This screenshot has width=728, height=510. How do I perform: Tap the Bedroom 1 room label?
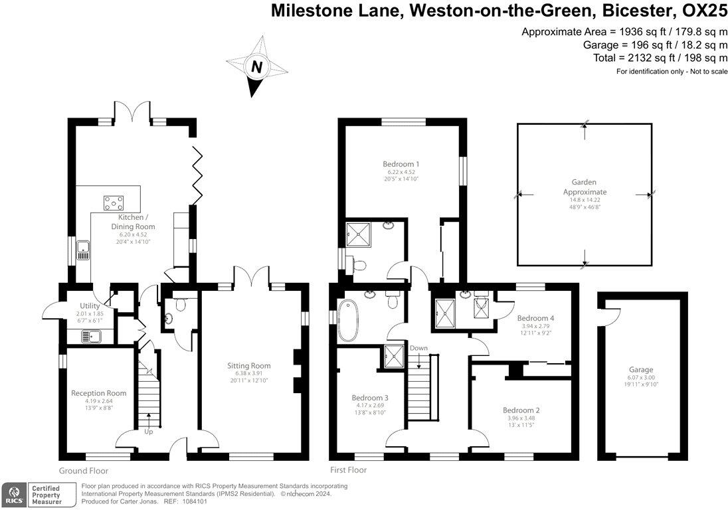click(401, 164)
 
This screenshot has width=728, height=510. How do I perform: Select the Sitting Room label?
click(249, 366)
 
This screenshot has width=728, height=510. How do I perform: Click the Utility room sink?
click(91, 337)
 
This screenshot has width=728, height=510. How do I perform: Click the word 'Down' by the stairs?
click(418, 348)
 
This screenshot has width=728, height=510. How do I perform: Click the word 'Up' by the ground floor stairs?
click(149, 431)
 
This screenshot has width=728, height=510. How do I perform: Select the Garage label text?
click(641, 370)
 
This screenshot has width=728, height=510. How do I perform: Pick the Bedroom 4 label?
click(535, 318)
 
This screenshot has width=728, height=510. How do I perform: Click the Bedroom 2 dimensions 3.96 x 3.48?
click(521, 418)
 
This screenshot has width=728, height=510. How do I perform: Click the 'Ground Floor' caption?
click(83, 470)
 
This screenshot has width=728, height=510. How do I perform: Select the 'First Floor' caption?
click(348, 470)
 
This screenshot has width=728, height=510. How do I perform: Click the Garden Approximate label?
click(585, 187)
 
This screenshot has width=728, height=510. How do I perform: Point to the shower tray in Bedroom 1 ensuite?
click(361, 234)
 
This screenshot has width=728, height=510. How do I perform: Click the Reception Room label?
click(98, 393)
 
